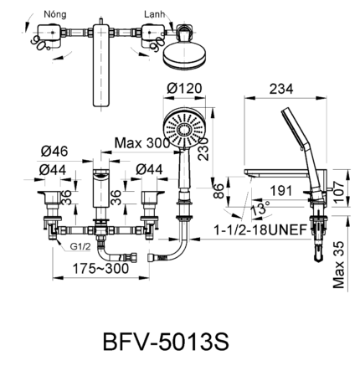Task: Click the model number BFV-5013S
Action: pyautogui.click(x=164, y=343)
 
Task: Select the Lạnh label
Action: pyautogui.click(x=154, y=14)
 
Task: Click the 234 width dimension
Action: pyautogui.click(x=281, y=89)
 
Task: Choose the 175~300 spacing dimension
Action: pyautogui.click(x=100, y=269)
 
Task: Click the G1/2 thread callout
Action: pyautogui.click(x=80, y=247)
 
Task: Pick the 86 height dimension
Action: pyautogui.click(x=218, y=189)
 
